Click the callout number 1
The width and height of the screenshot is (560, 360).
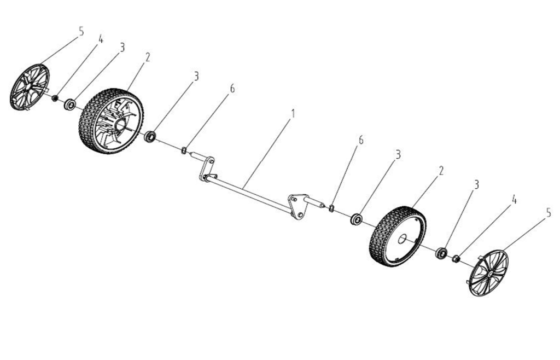point(293,114)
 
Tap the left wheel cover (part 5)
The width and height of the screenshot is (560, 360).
point(30,87)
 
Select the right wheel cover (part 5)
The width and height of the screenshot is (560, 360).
point(488,273)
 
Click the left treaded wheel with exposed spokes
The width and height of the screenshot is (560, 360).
point(110,121)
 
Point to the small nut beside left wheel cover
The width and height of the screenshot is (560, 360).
point(55,98)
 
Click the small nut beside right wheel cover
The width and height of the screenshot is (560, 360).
point(456,259)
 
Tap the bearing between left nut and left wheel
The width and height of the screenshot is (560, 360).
point(69,105)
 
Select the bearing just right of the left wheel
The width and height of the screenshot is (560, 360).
point(150,136)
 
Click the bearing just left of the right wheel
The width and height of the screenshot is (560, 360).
point(356,219)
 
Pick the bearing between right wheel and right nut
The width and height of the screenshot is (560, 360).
point(441,253)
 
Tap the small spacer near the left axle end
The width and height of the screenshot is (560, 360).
point(184,150)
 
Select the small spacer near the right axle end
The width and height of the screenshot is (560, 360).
point(331,208)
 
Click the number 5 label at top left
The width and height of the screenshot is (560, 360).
point(81,31)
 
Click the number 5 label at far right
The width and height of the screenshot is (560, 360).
point(549,213)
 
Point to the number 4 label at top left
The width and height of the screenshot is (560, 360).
point(101,39)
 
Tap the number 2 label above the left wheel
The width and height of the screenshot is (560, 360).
point(148,57)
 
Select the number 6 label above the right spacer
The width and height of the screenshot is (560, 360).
point(361,140)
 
